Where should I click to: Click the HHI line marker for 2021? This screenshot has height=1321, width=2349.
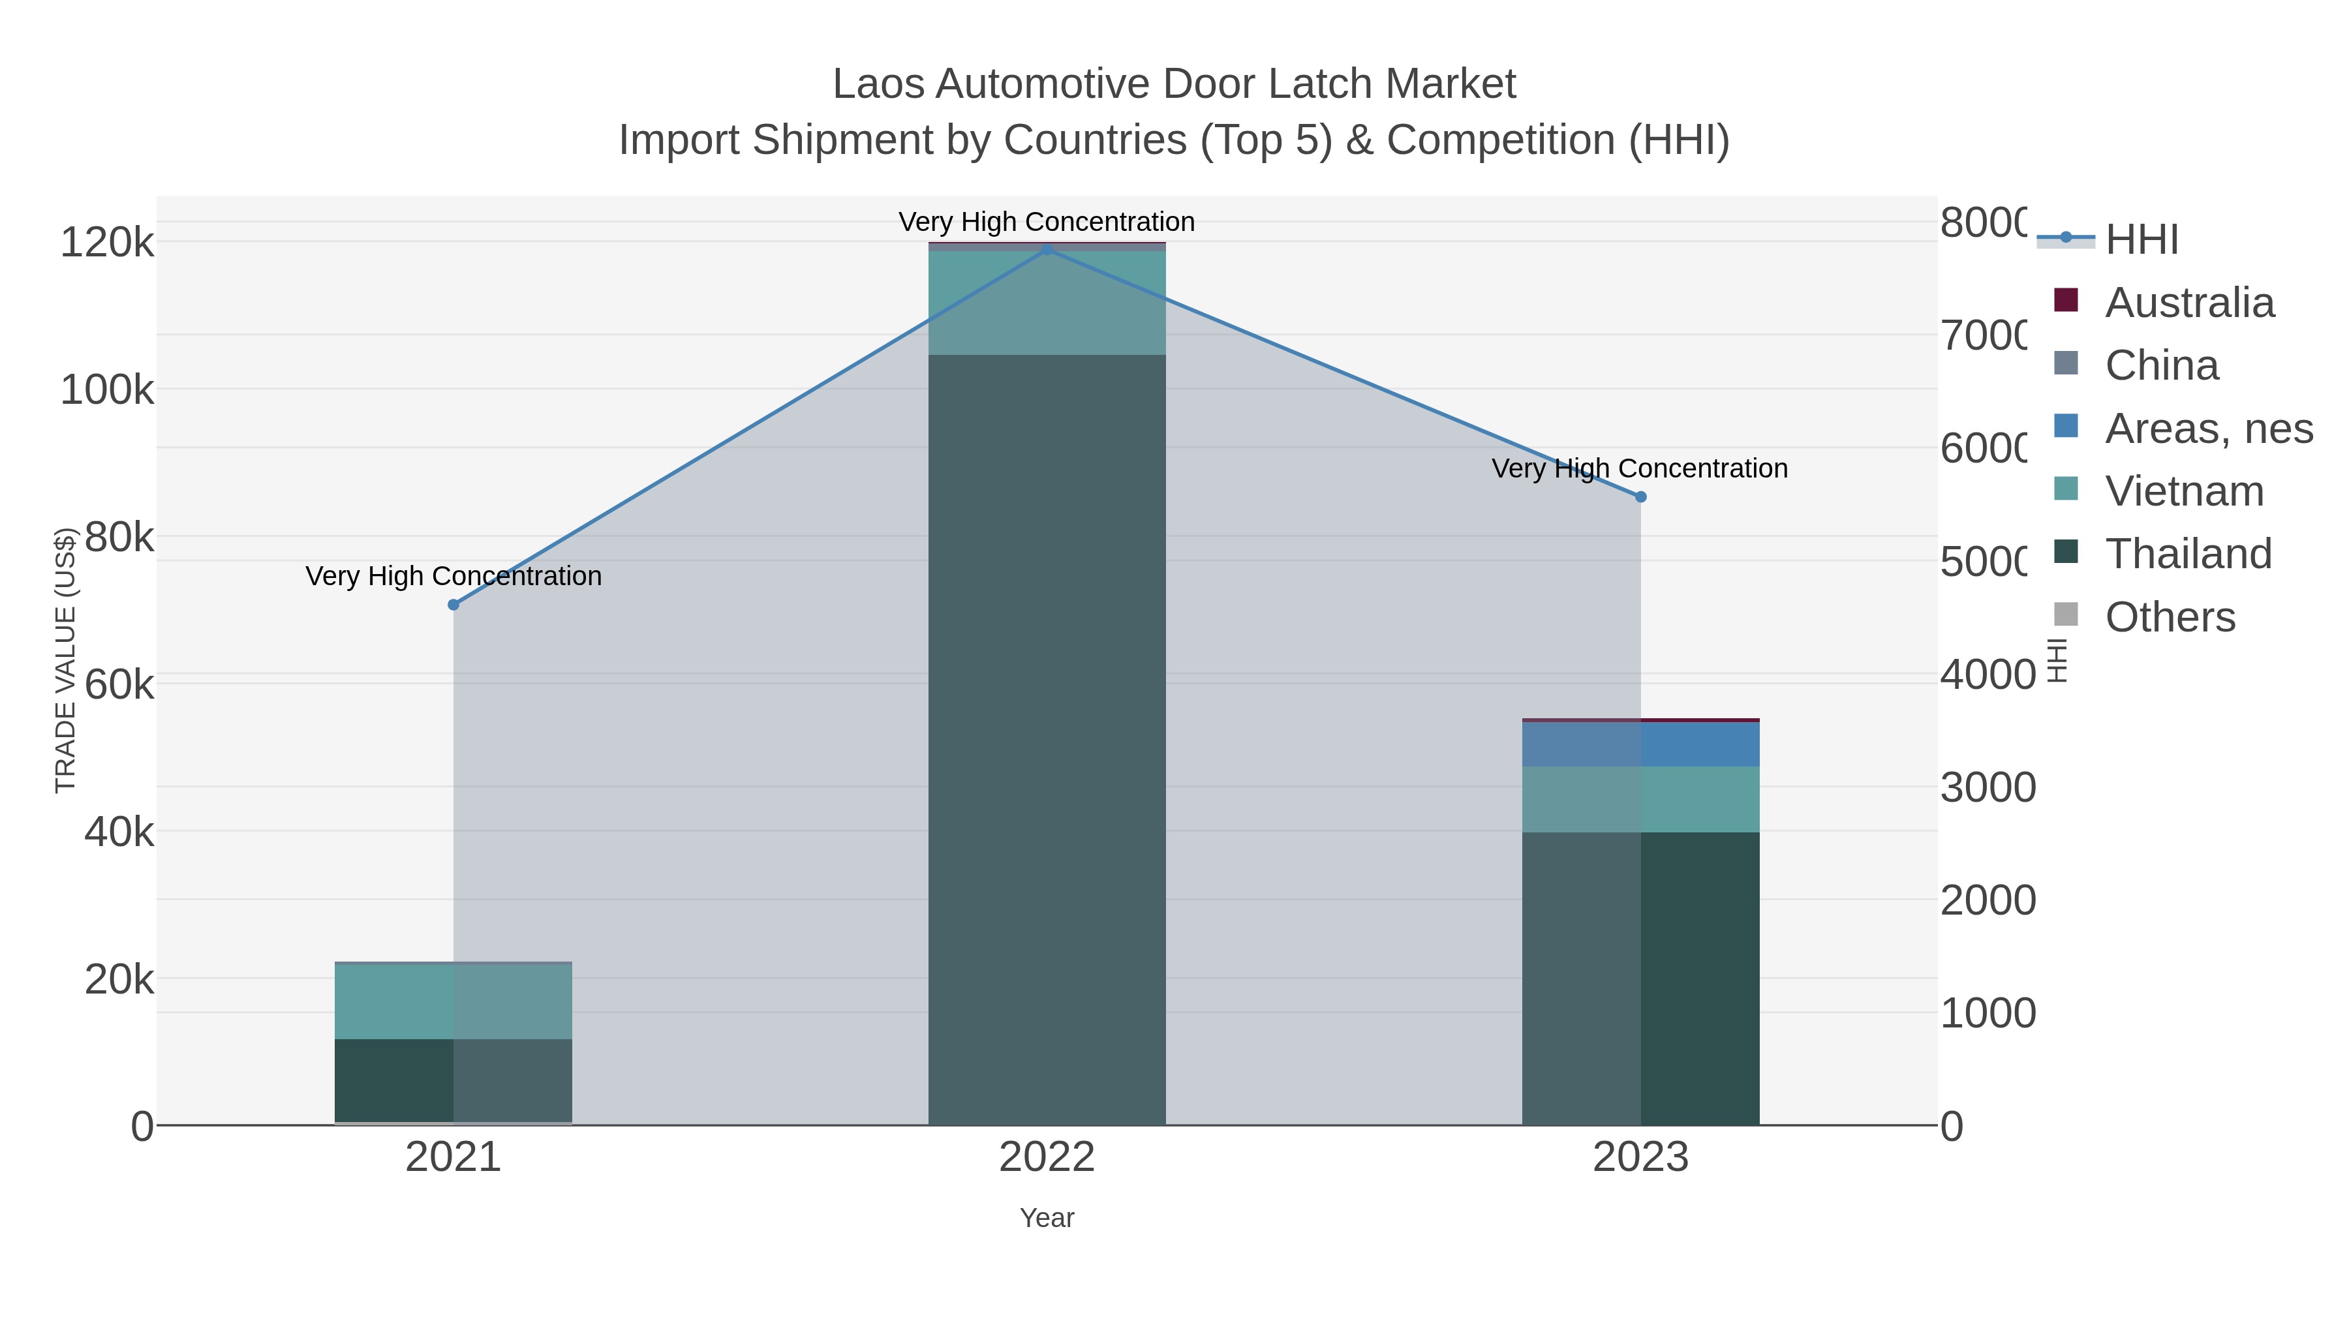coord(453,605)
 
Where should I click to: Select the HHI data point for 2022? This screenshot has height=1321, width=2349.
coord(1047,249)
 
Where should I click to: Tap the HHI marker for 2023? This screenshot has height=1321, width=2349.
coord(1640,497)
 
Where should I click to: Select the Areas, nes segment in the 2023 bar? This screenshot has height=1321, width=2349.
coord(1640,744)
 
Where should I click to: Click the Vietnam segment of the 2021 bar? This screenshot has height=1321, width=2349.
coord(453,1001)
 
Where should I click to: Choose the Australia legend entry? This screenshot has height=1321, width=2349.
coord(2188,303)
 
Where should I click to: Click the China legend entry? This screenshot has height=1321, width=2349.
coord(2161,365)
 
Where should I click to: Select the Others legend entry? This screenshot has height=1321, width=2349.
coord(2170,617)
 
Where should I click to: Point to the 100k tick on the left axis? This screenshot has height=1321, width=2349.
coord(107,390)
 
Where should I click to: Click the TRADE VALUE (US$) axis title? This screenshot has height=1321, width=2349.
coord(66,660)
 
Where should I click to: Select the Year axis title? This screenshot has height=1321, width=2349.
coord(1047,1218)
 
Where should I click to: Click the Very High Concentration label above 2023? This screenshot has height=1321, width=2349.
coord(1640,468)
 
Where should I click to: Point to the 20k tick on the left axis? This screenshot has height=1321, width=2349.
coord(119,979)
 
